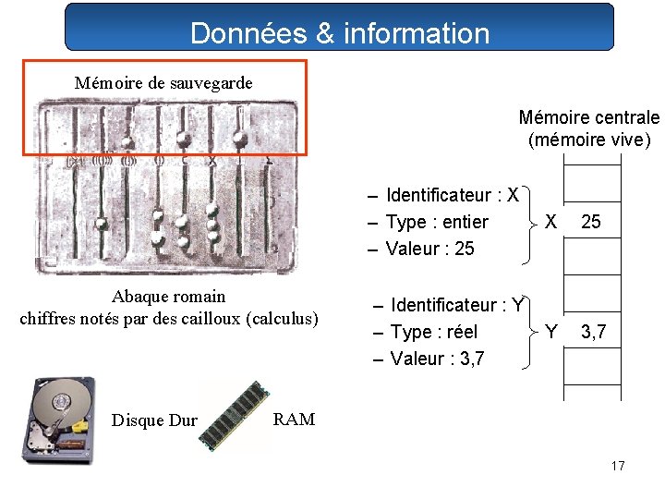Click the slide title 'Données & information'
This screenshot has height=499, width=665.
pos(339,33)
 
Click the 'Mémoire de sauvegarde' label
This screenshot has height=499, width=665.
pos(163,82)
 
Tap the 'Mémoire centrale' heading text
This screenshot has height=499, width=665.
pos(588,117)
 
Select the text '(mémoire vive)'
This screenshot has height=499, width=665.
pos(588,140)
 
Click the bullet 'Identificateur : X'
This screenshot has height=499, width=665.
pos(452,195)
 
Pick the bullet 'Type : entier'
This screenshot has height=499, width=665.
pos(436,222)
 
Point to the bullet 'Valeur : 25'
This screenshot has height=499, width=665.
pos(429,249)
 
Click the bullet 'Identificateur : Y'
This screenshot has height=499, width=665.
pos(456,305)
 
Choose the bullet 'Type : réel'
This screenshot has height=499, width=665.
pos(433,332)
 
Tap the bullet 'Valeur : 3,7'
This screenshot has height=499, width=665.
pos(433,359)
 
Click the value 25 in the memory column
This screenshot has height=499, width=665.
pos(591,222)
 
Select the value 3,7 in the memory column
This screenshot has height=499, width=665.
pos(592,332)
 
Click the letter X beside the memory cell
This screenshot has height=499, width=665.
pos(550,222)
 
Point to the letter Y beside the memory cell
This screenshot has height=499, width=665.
pos(551,332)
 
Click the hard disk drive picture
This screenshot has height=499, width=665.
pos(58,419)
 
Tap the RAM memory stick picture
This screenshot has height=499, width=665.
pos(236,415)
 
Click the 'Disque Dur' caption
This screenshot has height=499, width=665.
pos(154,420)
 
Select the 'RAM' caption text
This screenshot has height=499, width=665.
pos(295,420)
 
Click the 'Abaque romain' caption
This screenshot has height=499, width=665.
pos(168,297)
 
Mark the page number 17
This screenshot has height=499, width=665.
pos(618,466)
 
